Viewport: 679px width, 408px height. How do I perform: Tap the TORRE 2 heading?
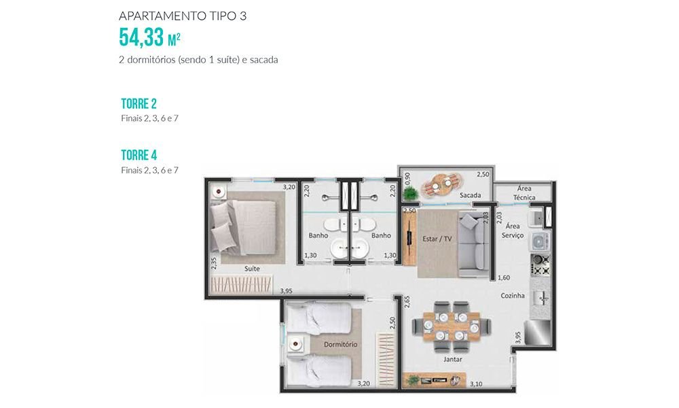pos(139,103)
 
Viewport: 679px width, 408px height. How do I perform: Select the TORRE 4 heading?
pos(139,155)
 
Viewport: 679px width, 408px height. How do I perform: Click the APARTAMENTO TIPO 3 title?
pos(183,16)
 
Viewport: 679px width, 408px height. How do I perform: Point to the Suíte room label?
pos(252,269)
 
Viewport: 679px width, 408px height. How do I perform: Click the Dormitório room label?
pos(341,344)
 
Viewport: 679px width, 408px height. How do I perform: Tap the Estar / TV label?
pos(437,239)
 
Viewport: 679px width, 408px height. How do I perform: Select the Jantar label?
pos(452,359)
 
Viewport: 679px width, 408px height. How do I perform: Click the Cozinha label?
pos(513,296)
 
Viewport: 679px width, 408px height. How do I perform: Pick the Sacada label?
pos(471,195)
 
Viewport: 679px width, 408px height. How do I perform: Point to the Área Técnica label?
pos(524,193)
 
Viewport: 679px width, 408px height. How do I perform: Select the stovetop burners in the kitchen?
pos(540,265)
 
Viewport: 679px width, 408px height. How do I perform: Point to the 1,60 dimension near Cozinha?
pos(504,278)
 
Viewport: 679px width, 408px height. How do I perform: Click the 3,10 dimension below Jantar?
pos(476,384)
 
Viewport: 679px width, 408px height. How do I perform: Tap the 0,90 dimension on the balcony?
pos(407,179)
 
